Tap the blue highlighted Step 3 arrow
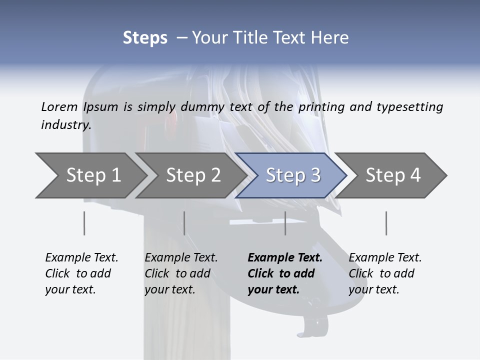point(293,175)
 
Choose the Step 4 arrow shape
point(393,175)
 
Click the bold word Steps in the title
point(145,38)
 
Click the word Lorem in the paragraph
point(59,106)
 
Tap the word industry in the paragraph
point(66,125)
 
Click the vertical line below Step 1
point(84,223)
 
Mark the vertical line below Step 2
point(184,223)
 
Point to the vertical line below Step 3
point(285,223)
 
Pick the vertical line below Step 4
point(386,223)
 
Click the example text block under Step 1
point(81,273)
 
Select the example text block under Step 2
point(181,273)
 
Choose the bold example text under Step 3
point(285,273)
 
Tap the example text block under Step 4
point(385,273)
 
